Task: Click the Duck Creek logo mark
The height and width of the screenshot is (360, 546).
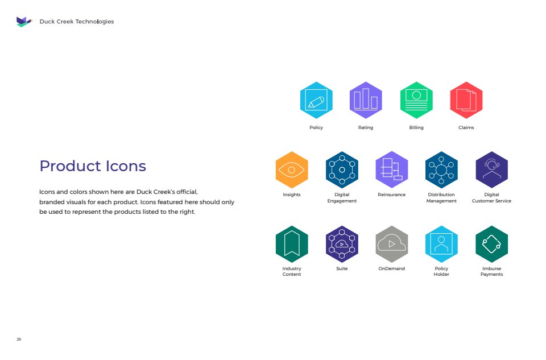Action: click(24, 22)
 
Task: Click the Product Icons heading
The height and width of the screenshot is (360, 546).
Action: click(93, 166)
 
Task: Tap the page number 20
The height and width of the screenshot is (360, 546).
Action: click(19, 339)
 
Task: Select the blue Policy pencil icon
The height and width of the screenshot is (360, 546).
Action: click(316, 100)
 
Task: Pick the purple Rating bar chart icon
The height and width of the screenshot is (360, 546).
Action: click(366, 100)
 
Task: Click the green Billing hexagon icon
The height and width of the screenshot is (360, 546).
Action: click(416, 100)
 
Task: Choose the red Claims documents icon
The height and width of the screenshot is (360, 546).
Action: click(466, 100)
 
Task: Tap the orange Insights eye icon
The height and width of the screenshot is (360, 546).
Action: click(292, 170)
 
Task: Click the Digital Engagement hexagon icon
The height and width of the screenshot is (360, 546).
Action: click(342, 170)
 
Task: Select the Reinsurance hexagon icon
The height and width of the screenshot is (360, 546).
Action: click(392, 170)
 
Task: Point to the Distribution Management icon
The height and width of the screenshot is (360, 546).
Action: click(441, 170)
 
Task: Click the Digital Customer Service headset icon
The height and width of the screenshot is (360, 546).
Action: click(491, 170)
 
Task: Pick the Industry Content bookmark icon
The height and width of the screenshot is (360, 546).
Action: click(292, 244)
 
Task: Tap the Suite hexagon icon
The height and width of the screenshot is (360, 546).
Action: click(342, 244)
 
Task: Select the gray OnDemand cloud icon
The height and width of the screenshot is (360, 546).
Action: click(392, 244)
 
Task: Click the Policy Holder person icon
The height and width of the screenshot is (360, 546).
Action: click(441, 244)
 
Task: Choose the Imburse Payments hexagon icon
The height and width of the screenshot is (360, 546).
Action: click(491, 244)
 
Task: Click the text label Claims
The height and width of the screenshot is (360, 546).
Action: click(466, 127)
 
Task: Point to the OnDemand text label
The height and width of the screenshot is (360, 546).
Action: click(392, 268)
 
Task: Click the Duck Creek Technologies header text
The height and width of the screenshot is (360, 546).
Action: click(77, 22)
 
